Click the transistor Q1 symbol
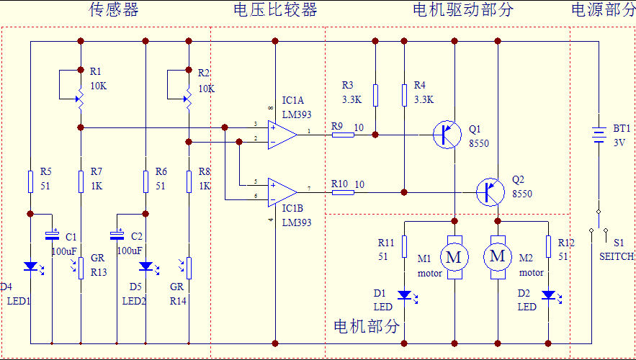447,135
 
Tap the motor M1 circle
454,256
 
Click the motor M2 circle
498,256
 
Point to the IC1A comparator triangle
281,135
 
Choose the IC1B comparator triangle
281,192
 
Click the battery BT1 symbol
599,135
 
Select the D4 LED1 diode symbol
30,266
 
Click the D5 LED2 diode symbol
145,266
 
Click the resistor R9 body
343,135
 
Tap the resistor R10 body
343,192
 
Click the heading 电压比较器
275,9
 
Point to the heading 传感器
114,9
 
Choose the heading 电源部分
603,9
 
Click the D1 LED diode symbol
404,294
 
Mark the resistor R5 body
30,181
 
